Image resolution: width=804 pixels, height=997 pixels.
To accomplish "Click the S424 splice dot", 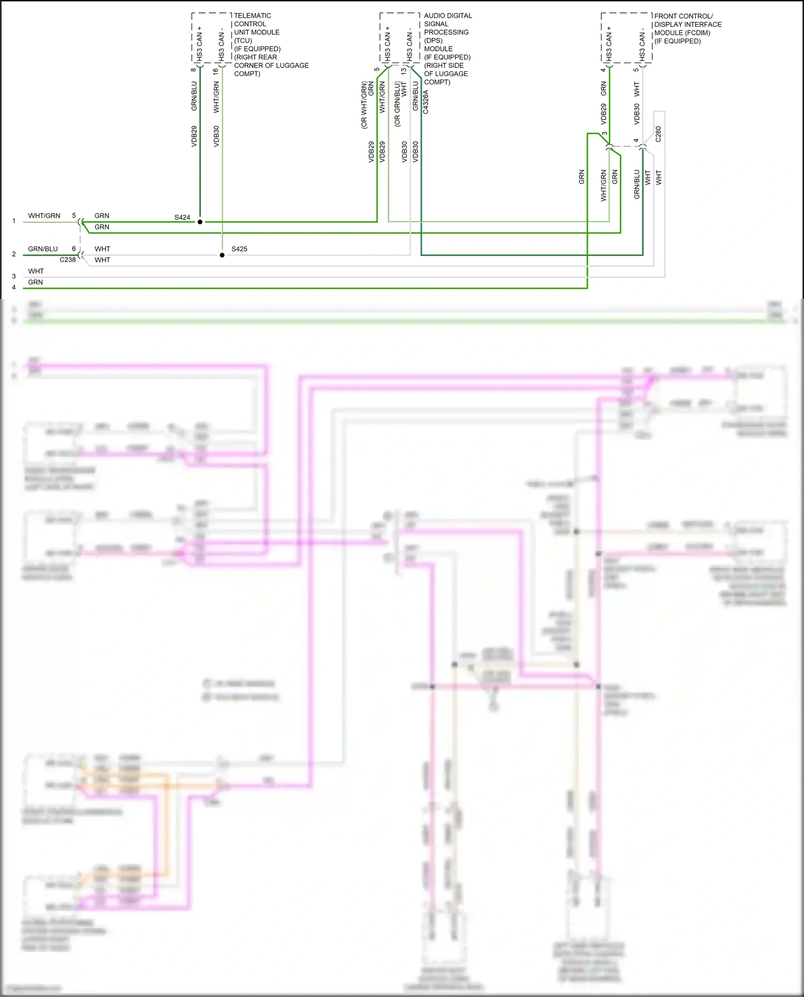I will coord(200,222).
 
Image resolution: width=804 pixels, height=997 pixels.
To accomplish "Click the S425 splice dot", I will coord(222,255).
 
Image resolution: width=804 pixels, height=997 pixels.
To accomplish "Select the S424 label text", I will coord(182,218).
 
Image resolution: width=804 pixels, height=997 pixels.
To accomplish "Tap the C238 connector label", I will coord(68,260).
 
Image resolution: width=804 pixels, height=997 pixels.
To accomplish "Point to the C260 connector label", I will coord(658,134).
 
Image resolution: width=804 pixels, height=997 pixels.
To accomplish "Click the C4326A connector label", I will coord(426,102).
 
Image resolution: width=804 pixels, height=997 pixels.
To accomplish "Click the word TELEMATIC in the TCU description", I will coord(252,16).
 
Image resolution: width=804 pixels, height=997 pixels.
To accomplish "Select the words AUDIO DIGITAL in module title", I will coord(448,16).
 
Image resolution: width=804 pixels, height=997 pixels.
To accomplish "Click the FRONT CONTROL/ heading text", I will coord(683,16).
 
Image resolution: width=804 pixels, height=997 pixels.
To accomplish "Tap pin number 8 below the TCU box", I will coord(193,70).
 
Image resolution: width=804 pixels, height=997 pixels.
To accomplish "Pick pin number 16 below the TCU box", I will coord(215,71).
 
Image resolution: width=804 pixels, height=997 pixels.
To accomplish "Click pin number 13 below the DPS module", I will coord(404,71).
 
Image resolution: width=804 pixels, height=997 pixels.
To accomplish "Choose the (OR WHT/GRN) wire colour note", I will coord(364,105).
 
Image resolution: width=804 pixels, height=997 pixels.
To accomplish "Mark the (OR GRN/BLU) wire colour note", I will coord(397,104).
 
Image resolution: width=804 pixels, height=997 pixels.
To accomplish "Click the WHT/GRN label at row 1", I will coord(44,216).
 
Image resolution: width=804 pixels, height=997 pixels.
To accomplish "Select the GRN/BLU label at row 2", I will coord(43,249).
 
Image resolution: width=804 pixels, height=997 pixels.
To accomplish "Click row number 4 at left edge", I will coord(14,288).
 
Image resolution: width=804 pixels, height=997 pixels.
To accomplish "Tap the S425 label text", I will coord(239,249).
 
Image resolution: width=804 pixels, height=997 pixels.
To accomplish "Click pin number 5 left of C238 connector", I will coord(74,216).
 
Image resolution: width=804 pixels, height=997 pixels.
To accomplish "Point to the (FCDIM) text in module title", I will coord(697,33).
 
